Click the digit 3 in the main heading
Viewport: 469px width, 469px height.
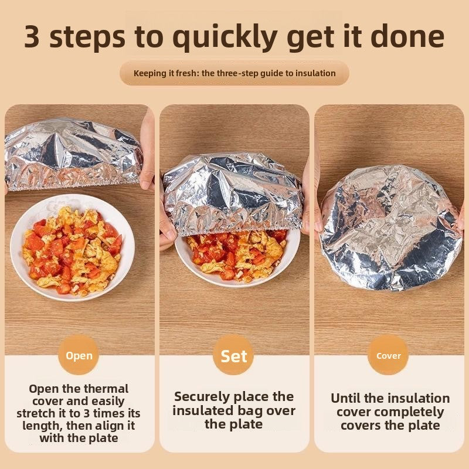pos(32,36)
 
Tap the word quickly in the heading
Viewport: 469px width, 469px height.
pos(225,37)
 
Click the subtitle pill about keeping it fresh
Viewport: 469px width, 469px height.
pos(234,73)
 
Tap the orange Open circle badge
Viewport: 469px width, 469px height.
pos(79,355)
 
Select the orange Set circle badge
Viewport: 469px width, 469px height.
pos(233,355)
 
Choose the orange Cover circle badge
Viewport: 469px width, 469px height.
pos(388,355)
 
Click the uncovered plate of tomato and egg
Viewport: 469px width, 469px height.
pos(72,247)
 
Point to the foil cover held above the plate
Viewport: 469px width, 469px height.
pos(74,154)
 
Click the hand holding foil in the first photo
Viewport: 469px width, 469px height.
pos(147,149)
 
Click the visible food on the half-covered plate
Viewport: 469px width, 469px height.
pos(236,257)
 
